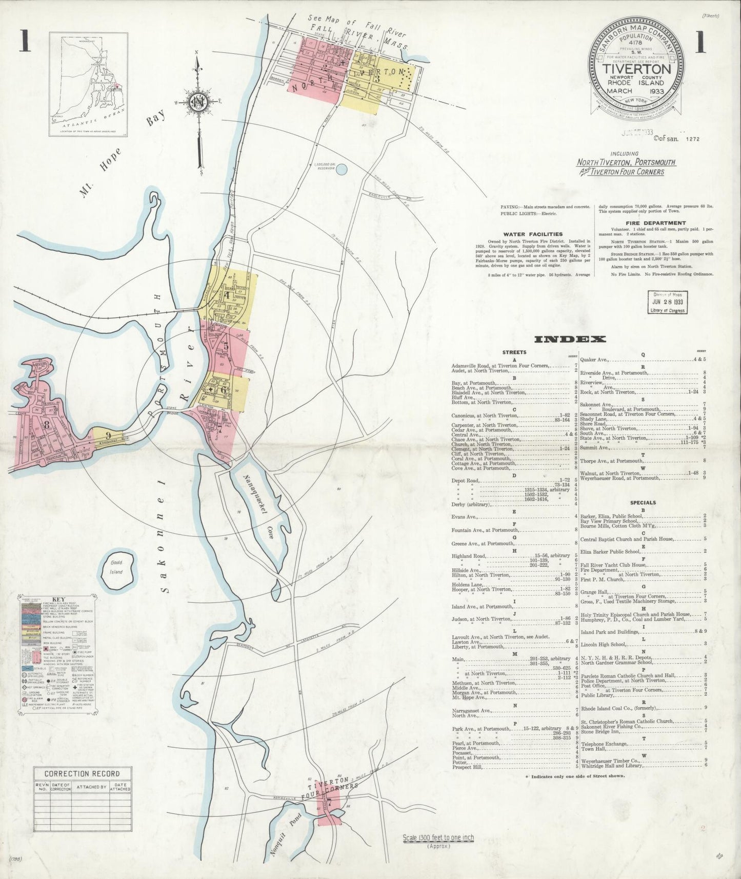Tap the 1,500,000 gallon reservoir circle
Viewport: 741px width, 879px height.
click(x=342, y=168)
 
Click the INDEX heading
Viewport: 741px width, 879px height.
click(x=570, y=339)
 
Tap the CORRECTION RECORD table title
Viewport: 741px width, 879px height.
click(x=82, y=773)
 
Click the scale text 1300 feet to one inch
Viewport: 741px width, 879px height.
click(x=438, y=838)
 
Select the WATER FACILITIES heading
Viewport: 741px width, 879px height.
click(x=540, y=234)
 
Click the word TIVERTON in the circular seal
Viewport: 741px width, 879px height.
click(x=636, y=69)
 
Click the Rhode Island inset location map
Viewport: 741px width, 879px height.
click(x=88, y=85)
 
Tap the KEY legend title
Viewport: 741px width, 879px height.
click(x=56, y=598)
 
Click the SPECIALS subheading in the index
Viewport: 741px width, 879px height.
click(x=643, y=503)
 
